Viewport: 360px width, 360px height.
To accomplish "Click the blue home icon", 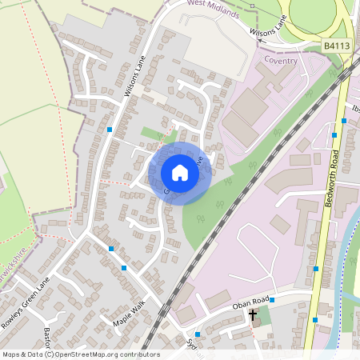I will (180, 173).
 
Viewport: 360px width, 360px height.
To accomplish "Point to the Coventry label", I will (281, 61).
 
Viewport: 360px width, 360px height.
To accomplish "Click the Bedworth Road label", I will (331, 178).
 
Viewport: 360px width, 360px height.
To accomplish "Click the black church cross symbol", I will (254, 315).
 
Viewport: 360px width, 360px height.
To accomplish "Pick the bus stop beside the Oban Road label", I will (272, 300).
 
